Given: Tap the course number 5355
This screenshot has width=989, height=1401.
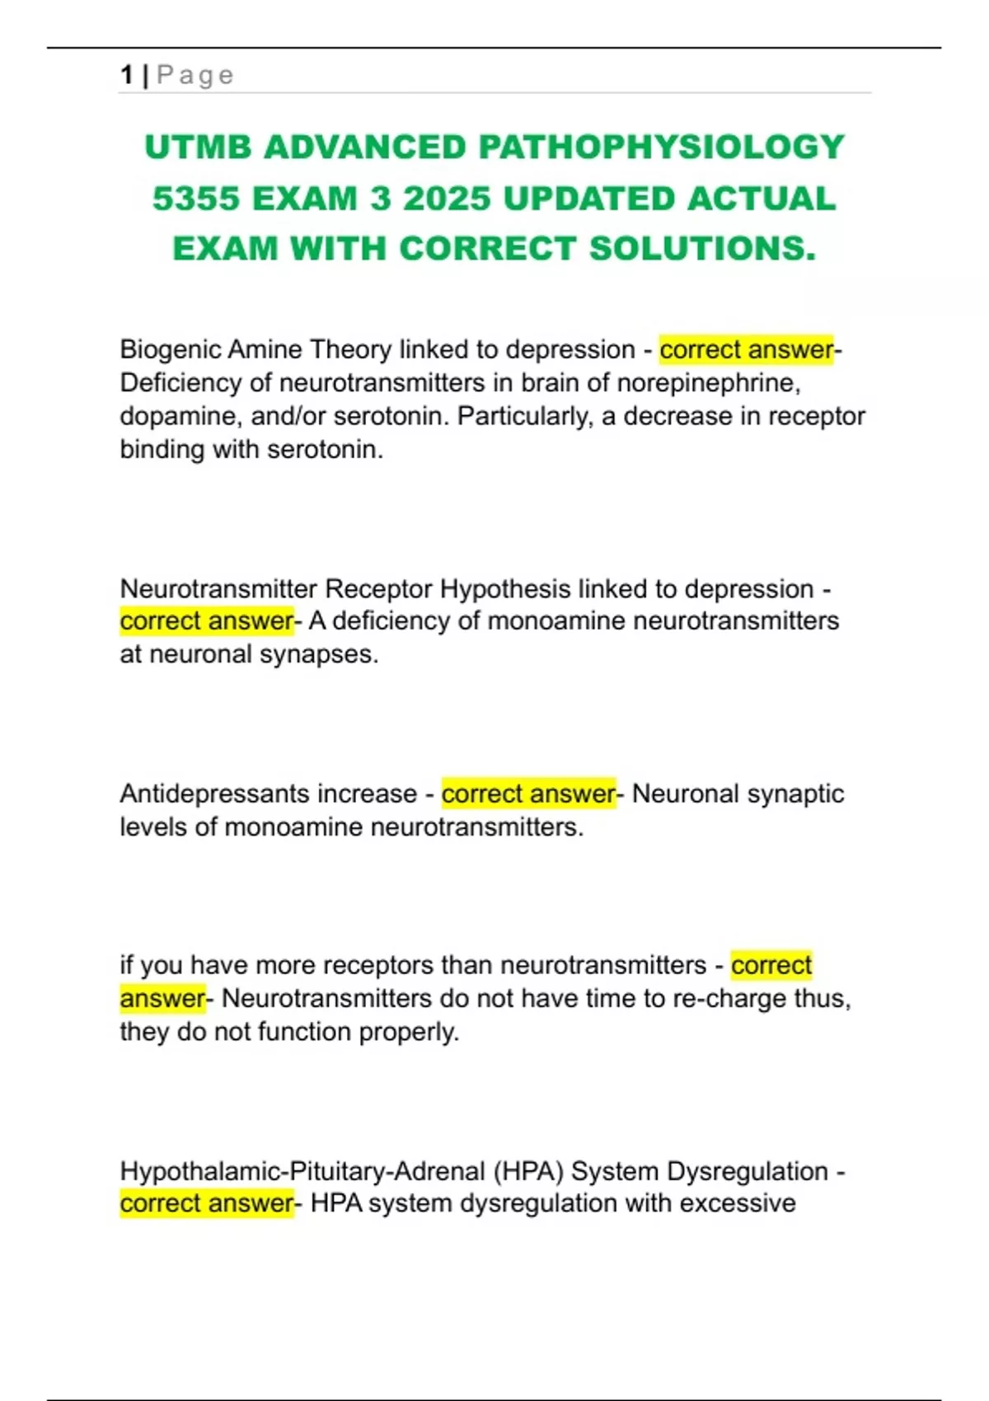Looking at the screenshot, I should pyautogui.click(x=197, y=199).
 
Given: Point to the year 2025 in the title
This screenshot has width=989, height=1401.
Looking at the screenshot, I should pyautogui.click(x=447, y=199).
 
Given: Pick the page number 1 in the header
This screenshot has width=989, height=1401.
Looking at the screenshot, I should pyautogui.click(x=126, y=75).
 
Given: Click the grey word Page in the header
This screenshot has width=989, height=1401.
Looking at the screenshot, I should pyautogui.click(x=195, y=75).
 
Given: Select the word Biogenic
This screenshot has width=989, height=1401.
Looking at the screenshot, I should pyautogui.click(x=171, y=349).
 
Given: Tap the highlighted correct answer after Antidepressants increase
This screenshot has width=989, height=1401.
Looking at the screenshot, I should pyautogui.click(x=528, y=794).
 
